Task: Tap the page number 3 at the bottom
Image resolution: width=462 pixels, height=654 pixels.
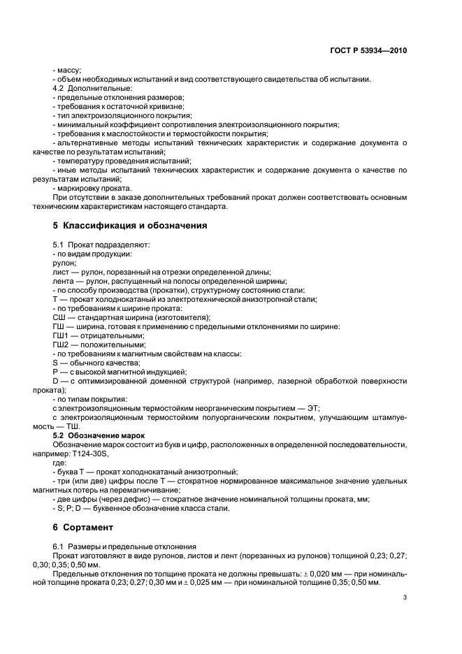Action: coord(405,597)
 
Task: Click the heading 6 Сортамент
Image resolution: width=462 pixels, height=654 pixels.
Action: coord(87,526)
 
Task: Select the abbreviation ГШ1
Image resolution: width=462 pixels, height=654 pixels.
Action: coord(61,335)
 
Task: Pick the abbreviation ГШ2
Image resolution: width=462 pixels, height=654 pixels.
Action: coord(61,344)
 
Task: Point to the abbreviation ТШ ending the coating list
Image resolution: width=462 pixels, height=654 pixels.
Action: coord(73,426)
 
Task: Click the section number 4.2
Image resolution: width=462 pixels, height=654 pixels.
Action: coord(59,88)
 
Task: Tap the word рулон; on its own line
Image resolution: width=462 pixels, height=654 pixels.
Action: coord(65,263)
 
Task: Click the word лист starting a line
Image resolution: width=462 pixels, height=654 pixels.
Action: coord(61,272)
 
